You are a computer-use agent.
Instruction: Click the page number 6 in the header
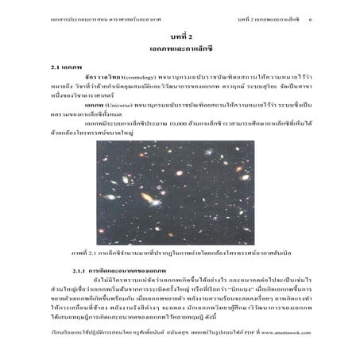point(331,17)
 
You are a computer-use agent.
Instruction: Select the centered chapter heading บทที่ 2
point(179,38)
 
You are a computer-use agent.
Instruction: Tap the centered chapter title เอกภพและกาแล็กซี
point(179,51)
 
